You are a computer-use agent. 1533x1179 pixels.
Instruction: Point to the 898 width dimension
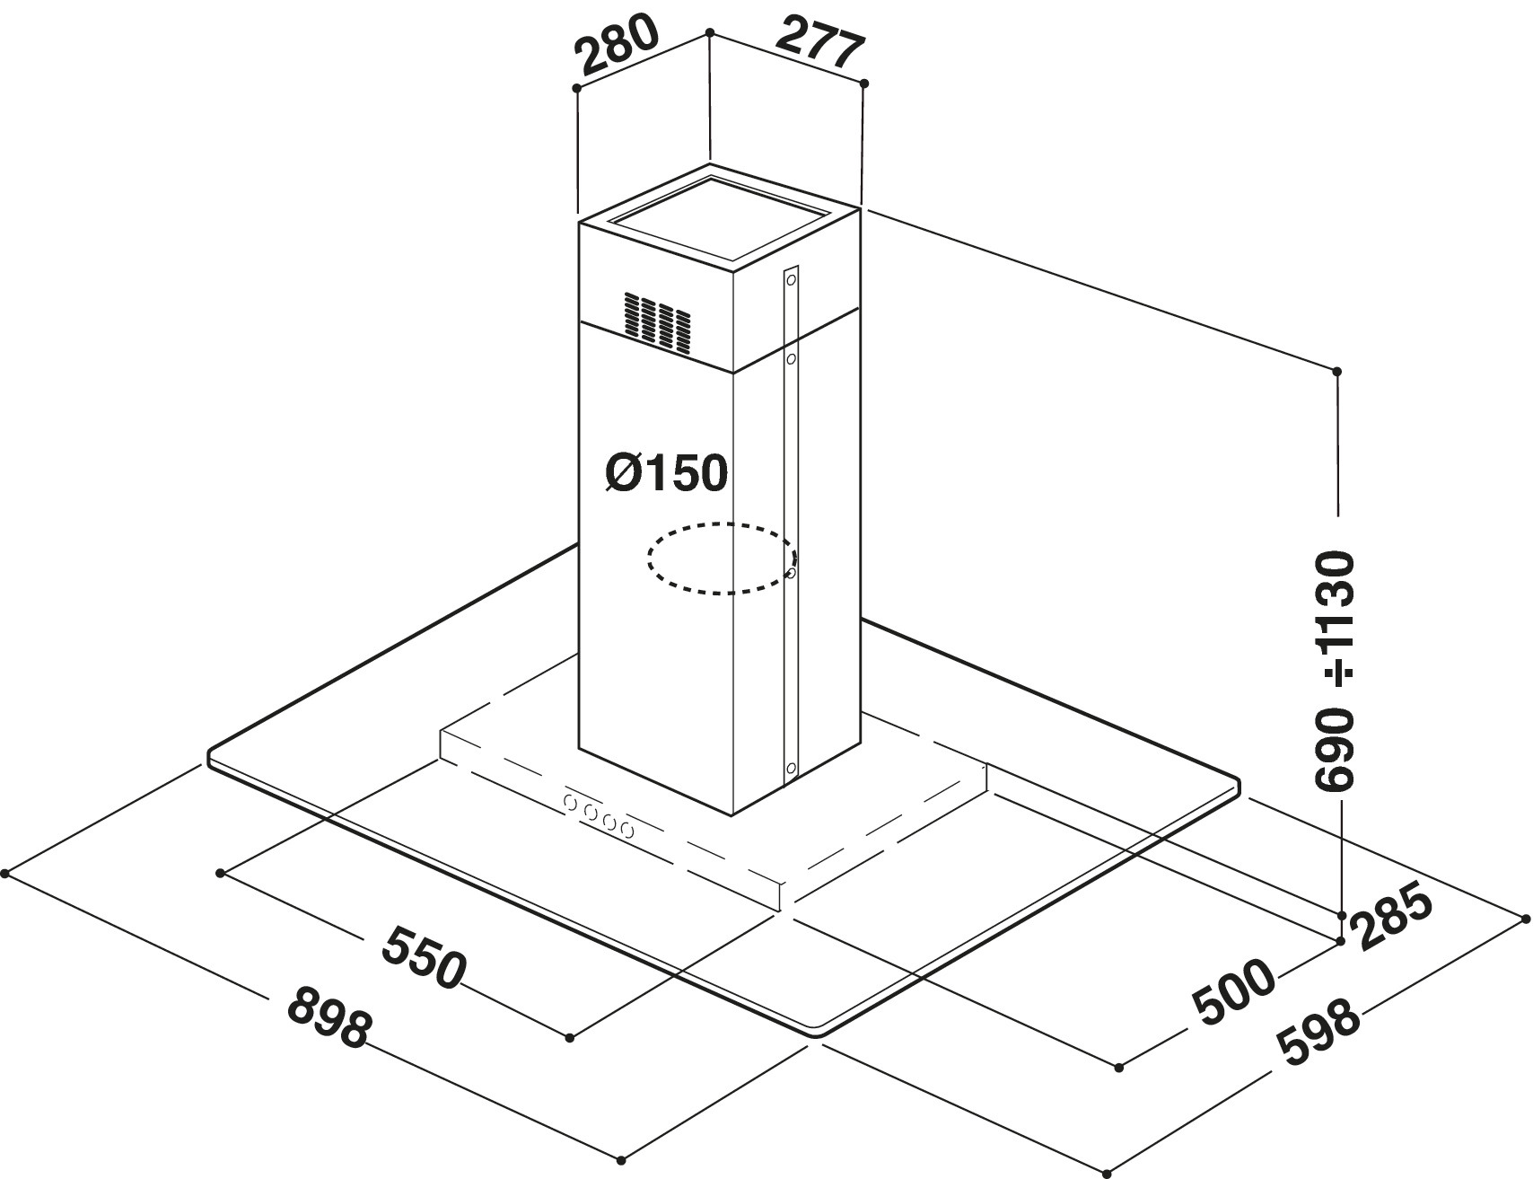pos(328,1016)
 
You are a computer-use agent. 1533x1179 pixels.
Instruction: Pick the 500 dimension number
pos(1233,994)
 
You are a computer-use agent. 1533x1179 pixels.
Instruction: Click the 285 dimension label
pos(1394,917)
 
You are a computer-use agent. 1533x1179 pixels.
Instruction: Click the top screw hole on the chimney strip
pos(791,279)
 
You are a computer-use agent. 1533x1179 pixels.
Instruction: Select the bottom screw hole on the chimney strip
pos(791,768)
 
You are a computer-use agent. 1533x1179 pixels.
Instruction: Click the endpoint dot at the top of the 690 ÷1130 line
pos(1336,371)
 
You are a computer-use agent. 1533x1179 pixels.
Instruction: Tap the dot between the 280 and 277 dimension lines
pos(710,32)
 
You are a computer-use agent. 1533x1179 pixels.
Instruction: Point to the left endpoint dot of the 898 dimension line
pos(6,872)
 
